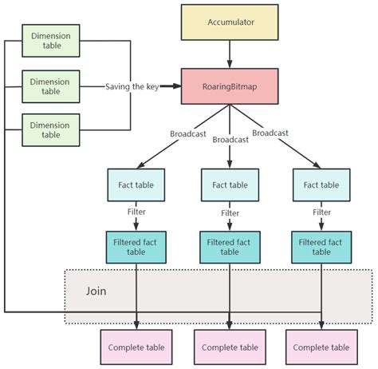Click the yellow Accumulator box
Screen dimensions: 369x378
[x=230, y=22]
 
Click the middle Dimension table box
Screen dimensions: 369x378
[x=51, y=86]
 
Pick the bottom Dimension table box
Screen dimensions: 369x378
[x=51, y=129]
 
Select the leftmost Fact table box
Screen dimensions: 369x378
[x=137, y=185]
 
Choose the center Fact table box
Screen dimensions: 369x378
[x=230, y=185]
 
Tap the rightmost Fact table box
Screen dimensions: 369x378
[x=321, y=185]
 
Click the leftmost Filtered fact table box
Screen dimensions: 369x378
[x=137, y=246]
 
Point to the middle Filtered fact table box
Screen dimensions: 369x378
[x=230, y=246]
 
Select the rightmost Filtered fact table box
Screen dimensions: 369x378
[x=321, y=246]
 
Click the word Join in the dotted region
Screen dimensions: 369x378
[x=96, y=292]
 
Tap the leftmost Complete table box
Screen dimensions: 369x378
[x=137, y=347]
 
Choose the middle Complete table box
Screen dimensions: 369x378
[x=230, y=347]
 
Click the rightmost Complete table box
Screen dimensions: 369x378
[x=321, y=347]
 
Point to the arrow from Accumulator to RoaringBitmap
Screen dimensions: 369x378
[x=230, y=54]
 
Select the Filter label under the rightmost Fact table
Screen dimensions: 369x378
[x=321, y=213]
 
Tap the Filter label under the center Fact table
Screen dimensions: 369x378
[x=230, y=213]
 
